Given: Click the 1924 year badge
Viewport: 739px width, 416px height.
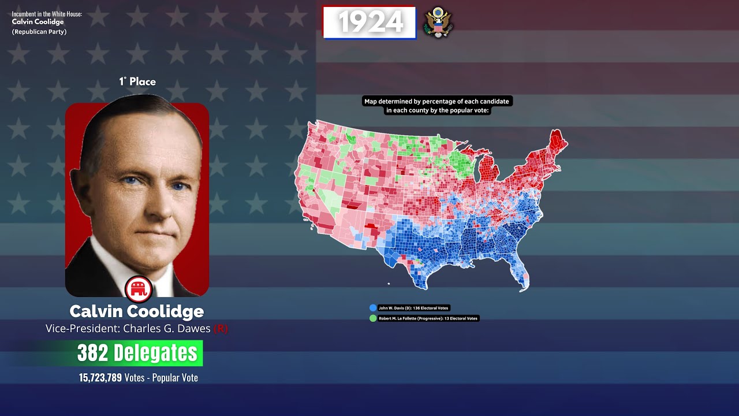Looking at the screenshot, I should [369, 23].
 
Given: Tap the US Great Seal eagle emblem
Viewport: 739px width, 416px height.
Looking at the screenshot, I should [438, 23].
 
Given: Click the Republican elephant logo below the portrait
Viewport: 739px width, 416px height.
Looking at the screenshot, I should [139, 288].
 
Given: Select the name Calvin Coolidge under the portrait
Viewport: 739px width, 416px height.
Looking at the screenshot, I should [137, 311].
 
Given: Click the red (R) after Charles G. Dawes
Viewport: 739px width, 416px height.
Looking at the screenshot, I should [221, 329].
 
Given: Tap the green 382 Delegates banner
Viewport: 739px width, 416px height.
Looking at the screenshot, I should [137, 353].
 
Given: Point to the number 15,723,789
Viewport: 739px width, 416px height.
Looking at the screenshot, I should [100, 378].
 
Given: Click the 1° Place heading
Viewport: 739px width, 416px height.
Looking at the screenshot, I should [137, 81].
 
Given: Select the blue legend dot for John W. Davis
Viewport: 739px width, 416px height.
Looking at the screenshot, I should [373, 308].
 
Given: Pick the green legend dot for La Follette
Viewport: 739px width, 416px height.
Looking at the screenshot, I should [373, 318].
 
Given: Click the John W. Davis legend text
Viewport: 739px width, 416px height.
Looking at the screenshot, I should [413, 308].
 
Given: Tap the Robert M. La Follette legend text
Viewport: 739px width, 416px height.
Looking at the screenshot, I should [428, 318].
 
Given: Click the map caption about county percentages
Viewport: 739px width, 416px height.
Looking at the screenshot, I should [437, 106].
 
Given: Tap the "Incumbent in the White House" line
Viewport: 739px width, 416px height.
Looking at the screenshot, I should [47, 13].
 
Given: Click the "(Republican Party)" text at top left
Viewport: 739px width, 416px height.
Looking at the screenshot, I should [39, 32].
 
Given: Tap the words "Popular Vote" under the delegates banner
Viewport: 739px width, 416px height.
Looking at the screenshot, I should [175, 378].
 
